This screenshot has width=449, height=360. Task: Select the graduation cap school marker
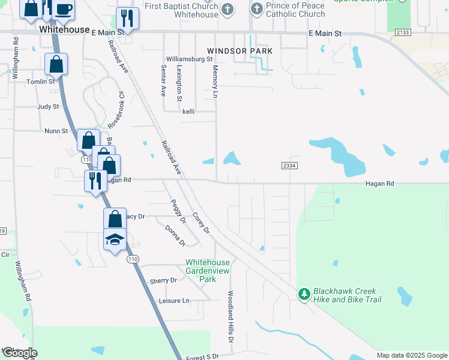click(115, 239)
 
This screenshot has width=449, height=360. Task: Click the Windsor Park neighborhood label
click(240, 52)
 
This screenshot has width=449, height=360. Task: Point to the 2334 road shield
click(289, 165)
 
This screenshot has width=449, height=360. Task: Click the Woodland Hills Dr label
click(230, 317)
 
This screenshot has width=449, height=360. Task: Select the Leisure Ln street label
click(174, 301)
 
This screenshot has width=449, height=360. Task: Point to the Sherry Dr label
click(163, 280)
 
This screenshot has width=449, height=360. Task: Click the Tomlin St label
click(41, 81)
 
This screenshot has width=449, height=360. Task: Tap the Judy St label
click(48, 107)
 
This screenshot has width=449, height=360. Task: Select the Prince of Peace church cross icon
click(256, 8)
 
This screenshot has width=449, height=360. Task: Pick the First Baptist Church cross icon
click(228, 8)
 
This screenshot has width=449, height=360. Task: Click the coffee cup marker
click(64, 10)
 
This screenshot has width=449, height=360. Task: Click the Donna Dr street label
click(175, 235)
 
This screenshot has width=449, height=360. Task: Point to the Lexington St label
click(179, 83)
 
